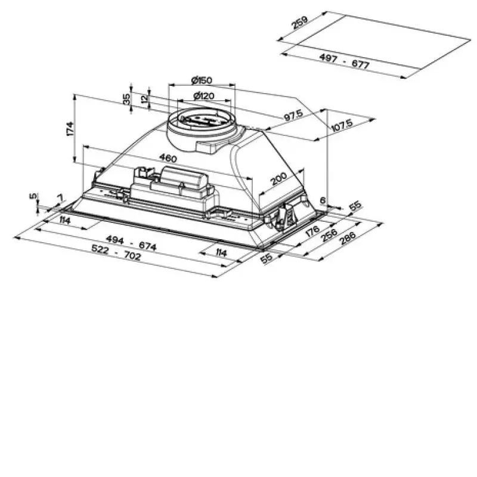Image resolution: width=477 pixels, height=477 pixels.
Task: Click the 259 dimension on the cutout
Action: coord(300,23)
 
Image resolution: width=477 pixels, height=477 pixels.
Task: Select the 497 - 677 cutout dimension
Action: coord(345,61)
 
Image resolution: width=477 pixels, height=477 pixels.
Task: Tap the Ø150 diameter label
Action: coord(202,80)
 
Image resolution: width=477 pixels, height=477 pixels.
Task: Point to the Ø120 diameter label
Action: coord(204,96)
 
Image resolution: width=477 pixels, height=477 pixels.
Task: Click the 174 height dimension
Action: coord(70,129)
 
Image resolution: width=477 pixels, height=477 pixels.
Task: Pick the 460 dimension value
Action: coord(168,158)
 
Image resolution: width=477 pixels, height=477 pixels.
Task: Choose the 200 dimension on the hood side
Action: coord(278,178)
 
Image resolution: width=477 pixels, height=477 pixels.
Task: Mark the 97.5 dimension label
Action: coord(293,115)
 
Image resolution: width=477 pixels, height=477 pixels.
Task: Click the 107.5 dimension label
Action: coord(342,125)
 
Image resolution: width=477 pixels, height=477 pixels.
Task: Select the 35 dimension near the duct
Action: coord(126,99)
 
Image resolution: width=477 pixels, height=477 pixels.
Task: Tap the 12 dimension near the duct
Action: coord(145,98)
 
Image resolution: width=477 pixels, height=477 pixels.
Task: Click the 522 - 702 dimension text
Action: coord(116,252)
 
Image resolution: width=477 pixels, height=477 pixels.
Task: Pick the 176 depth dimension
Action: coord(312,231)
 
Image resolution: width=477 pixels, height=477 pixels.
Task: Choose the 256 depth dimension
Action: coord(329,234)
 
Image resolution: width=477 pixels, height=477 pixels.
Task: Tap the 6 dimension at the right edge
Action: coord(323,200)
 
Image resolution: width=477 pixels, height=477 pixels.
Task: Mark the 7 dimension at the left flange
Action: coord(61,198)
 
